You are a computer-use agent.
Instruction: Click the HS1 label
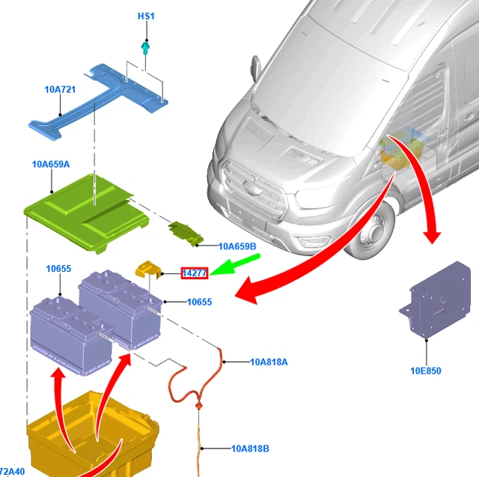coord(145,16)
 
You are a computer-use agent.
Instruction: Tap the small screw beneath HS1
coord(145,49)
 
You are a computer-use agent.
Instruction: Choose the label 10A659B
coord(237,246)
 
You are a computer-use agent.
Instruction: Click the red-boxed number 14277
coord(195,274)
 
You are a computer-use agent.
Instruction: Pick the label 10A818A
coord(269,362)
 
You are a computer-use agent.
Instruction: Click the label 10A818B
coord(250,449)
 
